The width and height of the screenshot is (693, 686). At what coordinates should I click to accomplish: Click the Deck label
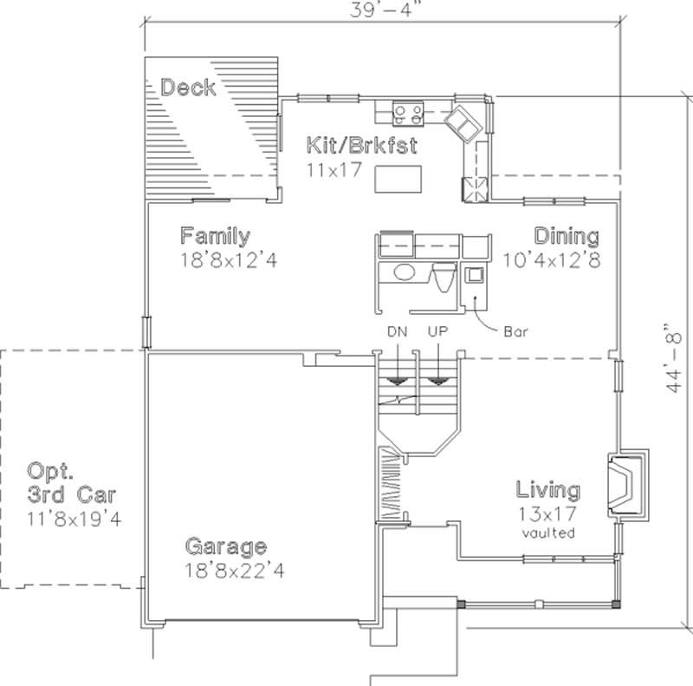point(188,88)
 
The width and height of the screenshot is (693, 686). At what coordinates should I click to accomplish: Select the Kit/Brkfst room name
point(348,145)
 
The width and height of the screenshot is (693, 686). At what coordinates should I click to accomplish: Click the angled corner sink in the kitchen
point(463,123)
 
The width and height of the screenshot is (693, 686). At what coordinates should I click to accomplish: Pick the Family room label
point(215,236)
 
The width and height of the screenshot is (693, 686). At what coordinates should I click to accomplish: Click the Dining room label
point(566,236)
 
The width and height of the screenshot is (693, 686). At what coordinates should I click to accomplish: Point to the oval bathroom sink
point(404,273)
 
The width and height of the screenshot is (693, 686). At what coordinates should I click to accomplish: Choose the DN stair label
point(398,332)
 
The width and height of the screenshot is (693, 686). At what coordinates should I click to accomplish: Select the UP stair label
point(437,332)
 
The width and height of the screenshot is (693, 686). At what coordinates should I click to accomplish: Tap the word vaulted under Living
point(548,533)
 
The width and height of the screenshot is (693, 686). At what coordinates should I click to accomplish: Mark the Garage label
point(225,547)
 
